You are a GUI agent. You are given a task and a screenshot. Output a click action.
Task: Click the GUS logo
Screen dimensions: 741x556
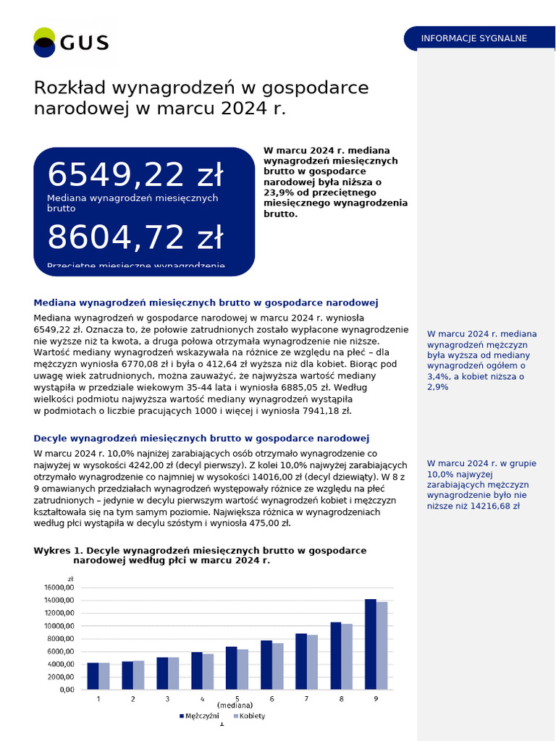71,42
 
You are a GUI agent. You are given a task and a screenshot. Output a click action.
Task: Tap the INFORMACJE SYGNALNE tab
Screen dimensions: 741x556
473,38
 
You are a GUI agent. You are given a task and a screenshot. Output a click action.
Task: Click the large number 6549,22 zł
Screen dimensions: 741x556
135,175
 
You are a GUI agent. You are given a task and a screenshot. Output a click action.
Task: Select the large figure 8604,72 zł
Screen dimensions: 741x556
135,237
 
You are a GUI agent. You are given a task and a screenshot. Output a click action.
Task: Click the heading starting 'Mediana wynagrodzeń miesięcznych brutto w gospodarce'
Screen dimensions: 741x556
206,302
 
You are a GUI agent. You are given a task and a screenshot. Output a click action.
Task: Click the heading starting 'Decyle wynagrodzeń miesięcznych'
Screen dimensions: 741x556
201,439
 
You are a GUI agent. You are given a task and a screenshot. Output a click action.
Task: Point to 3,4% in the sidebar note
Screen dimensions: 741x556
437,377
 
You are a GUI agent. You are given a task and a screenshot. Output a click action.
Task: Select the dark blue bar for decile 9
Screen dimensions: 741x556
371,644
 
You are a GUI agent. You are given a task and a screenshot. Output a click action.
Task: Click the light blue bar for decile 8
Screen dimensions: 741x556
347,656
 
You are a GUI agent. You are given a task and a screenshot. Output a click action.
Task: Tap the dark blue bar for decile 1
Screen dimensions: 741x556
93,676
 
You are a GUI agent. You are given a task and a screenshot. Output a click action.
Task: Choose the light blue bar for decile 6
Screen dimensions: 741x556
278,666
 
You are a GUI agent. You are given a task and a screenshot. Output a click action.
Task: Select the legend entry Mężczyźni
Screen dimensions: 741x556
200,716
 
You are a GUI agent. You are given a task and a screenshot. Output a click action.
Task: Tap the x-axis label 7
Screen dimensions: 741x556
306,698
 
